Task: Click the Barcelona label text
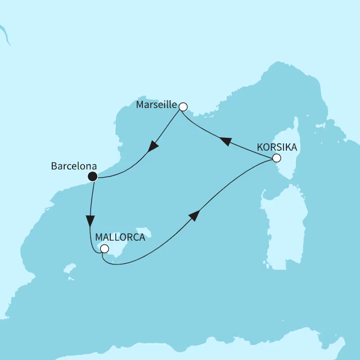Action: [x=74, y=166]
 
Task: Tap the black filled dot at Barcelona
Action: [x=93, y=177]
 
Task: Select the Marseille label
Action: [x=156, y=105]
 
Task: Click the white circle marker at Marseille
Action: [x=182, y=105]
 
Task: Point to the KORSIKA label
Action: [x=278, y=147]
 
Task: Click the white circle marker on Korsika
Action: [x=276, y=158]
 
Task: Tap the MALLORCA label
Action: [x=120, y=237]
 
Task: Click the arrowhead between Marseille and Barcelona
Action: [x=152, y=147]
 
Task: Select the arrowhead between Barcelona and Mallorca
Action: [x=90, y=220]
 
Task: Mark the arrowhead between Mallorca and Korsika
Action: [x=194, y=215]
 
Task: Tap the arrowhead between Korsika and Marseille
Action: [x=225, y=142]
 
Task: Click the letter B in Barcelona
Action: [x=54, y=166]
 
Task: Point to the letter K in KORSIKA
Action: [x=260, y=147]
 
